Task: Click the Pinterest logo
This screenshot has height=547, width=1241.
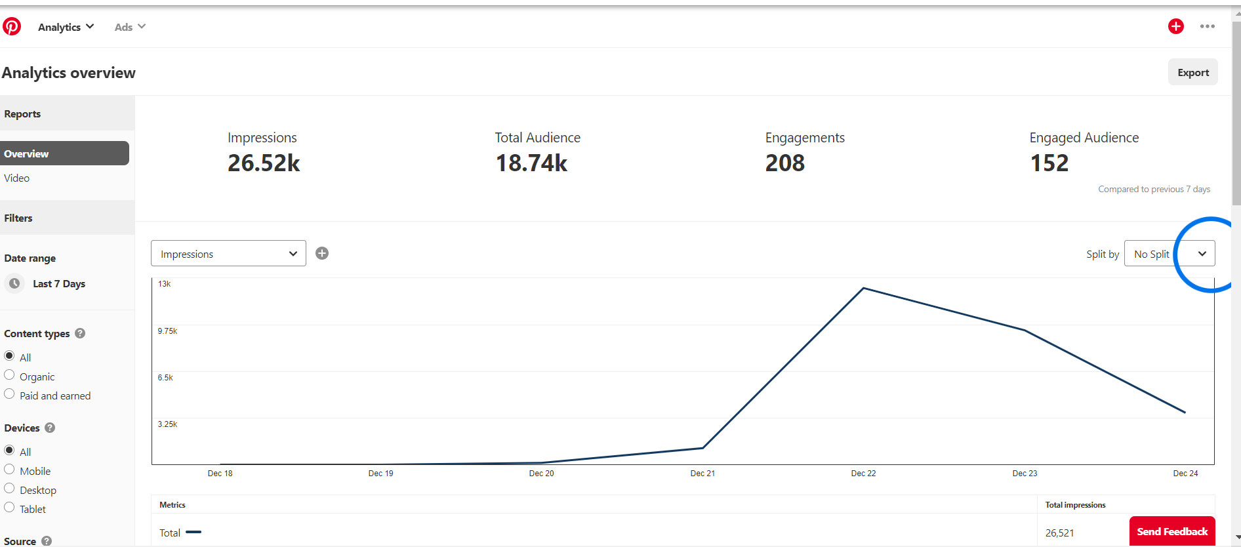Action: coord(12,26)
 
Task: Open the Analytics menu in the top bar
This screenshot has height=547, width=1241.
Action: coord(66,27)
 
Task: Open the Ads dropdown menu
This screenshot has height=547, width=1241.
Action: coord(130,27)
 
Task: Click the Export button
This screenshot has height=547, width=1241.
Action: coord(1192,72)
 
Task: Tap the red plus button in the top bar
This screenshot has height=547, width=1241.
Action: coord(1176,26)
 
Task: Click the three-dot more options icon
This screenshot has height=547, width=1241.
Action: coord(1208,26)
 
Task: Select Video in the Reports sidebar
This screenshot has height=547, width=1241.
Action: coord(16,178)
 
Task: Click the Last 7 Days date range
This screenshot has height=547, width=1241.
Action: coord(59,283)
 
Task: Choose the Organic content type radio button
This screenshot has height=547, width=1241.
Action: coord(9,375)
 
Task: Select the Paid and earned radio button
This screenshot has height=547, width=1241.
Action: coord(9,394)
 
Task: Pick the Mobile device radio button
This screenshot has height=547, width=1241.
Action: coord(9,470)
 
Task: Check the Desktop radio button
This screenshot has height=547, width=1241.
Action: coord(9,489)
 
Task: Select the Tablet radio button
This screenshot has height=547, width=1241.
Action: coord(9,508)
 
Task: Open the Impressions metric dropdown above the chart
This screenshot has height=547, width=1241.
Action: coord(228,253)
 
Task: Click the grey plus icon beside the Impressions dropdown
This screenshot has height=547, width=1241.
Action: coord(322,253)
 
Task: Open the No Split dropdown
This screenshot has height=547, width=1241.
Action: coord(1170,253)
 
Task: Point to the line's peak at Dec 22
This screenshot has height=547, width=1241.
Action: coord(864,288)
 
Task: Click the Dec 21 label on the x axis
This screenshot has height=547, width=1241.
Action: coord(702,474)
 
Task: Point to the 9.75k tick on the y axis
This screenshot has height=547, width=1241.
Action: coord(167,331)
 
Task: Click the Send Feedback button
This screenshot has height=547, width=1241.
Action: coord(1172,531)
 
